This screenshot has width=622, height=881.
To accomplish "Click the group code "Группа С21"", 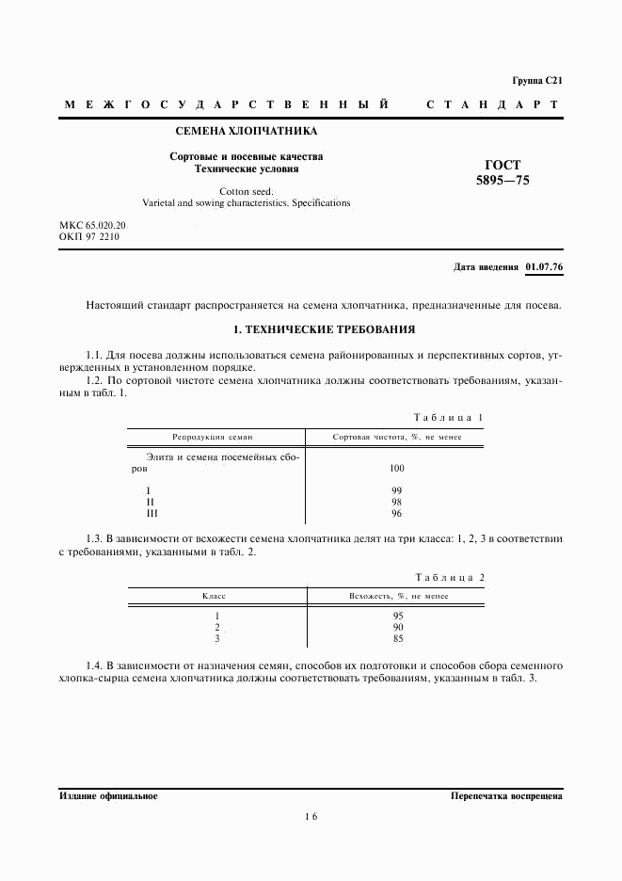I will tap(536, 81).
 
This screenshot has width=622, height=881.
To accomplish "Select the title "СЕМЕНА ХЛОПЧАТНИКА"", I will tap(247, 132).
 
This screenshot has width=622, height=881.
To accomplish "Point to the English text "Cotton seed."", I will tap(247, 191).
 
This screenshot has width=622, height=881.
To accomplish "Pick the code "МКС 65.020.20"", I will tap(93, 226).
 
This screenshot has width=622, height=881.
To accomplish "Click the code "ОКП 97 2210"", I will tap(89, 237).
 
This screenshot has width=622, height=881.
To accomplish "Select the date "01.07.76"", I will tap(544, 267).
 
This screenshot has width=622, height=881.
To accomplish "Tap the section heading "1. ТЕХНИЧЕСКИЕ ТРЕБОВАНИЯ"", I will tap(311, 330).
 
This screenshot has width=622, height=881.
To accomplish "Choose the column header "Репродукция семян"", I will tap(213, 437).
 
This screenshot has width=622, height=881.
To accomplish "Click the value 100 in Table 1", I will tap(396, 468).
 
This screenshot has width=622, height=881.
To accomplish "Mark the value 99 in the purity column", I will tap(396, 491).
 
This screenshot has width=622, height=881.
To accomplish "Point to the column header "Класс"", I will tap(215, 596).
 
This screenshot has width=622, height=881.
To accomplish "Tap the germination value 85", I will tap(397, 639).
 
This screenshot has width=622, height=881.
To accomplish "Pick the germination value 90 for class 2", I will tap(397, 627).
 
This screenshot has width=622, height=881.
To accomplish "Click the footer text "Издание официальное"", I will tap(108, 796).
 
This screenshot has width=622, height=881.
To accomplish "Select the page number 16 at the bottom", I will tap(311, 817).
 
